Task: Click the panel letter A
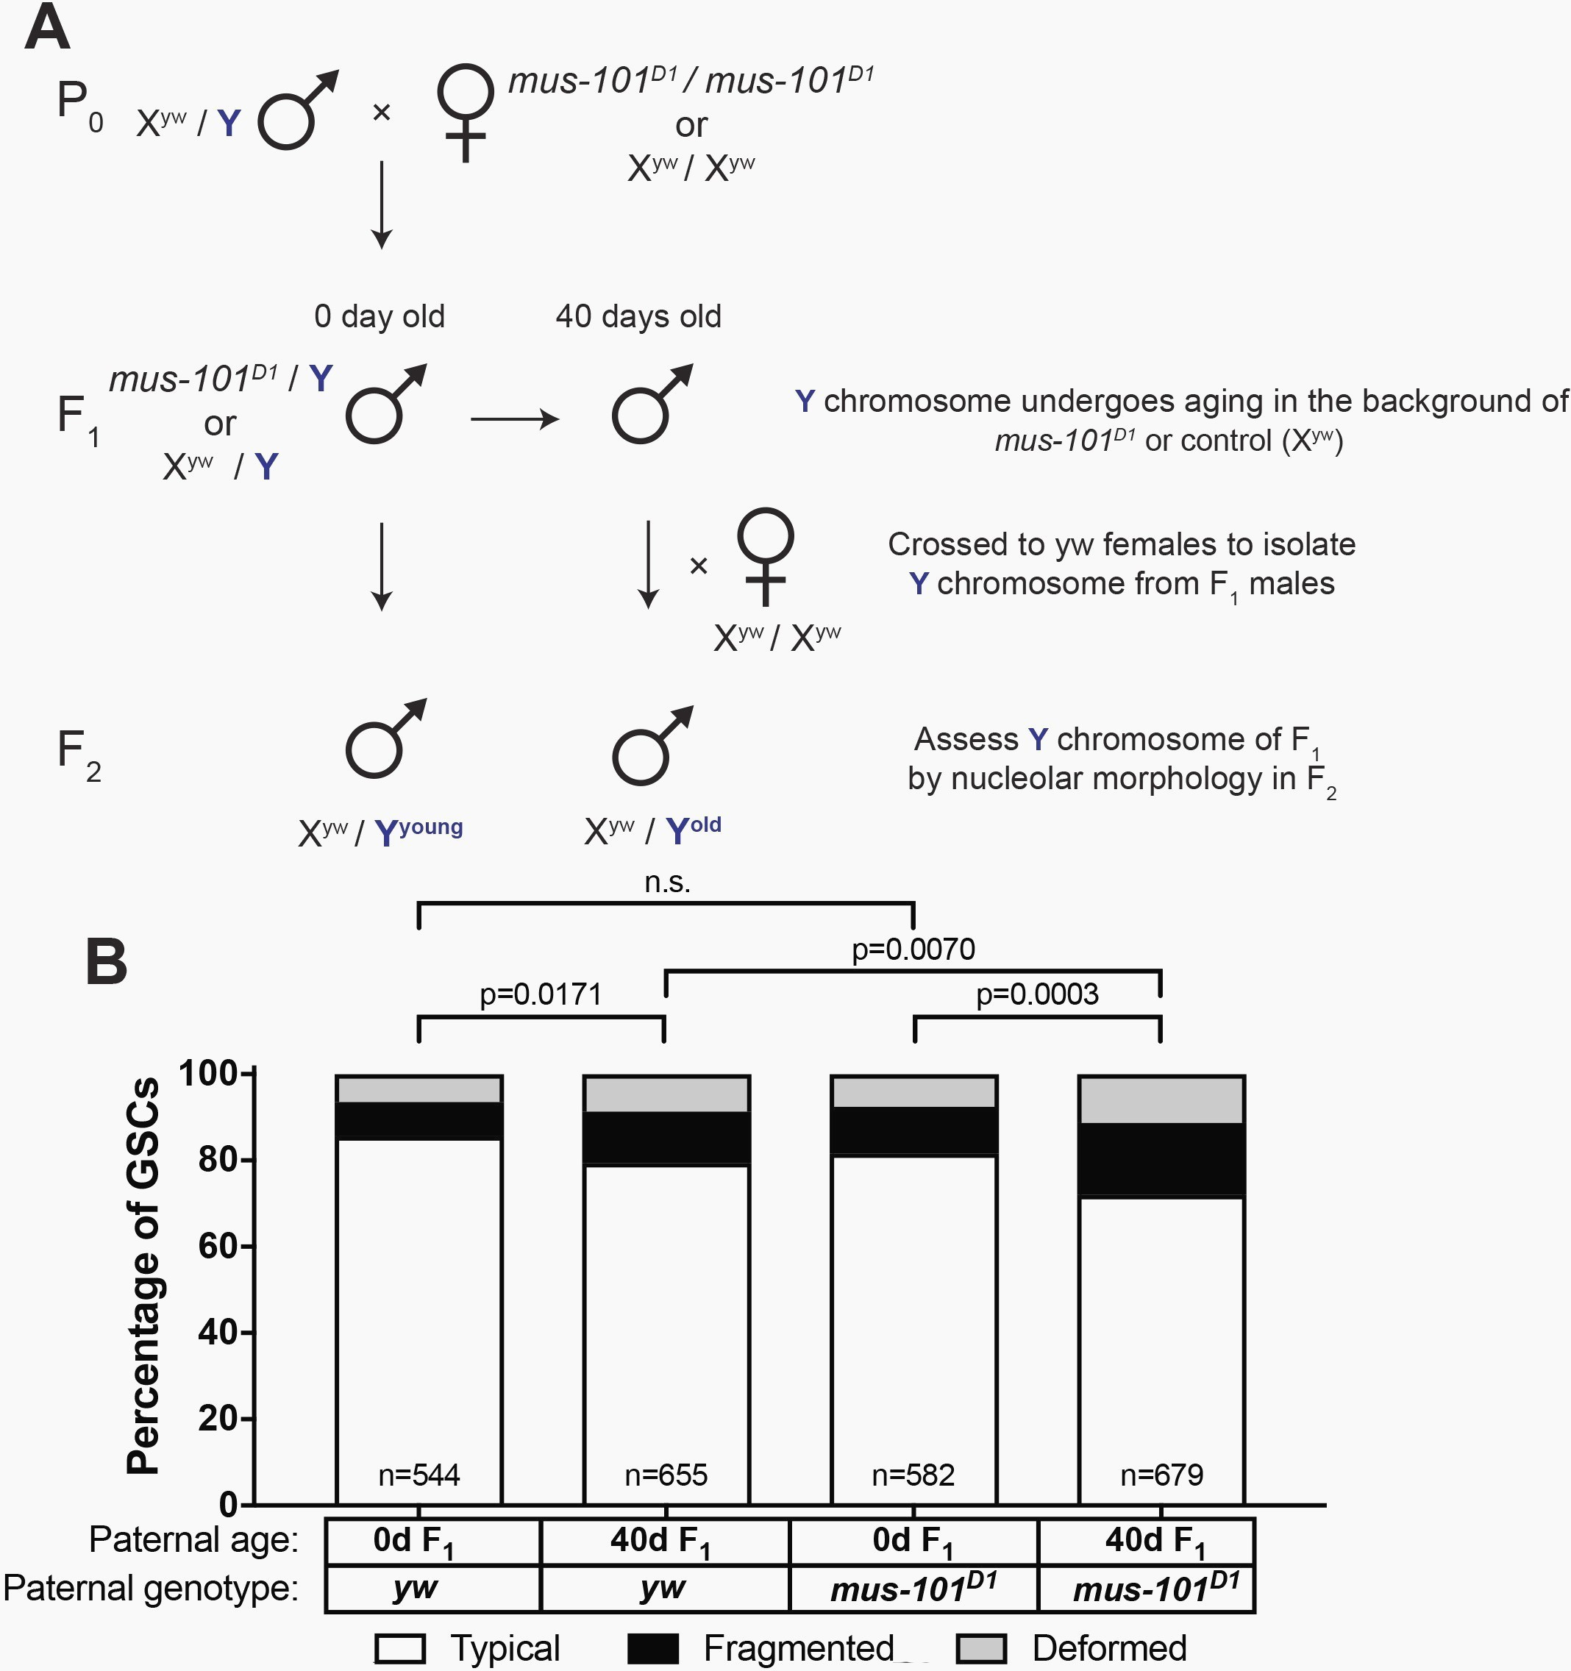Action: pos(47,27)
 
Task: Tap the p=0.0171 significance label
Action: pos(541,994)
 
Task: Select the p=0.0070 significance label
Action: pos(913,949)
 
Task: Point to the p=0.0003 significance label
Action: pos(1037,994)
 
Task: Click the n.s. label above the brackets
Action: pos(667,882)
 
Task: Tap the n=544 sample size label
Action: pos(418,1475)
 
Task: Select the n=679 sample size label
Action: pos(1161,1475)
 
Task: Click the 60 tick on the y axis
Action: pos(217,1246)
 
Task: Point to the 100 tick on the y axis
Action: pos(207,1073)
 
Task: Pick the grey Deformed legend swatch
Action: pos(981,1648)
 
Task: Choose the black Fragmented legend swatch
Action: pos(653,1648)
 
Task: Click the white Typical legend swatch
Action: pos(400,1648)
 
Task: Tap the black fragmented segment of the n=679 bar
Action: pos(1161,1160)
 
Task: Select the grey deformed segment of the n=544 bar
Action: pos(418,1089)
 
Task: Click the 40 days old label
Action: pos(639,317)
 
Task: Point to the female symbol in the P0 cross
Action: pos(466,113)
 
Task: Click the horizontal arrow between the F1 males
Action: pos(514,418)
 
